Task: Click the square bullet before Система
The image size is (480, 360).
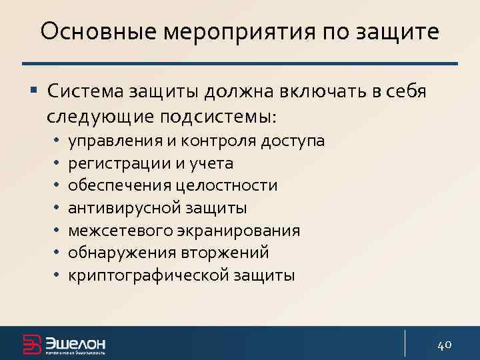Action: pos(34,90)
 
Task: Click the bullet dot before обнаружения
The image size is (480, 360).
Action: pos(58,253)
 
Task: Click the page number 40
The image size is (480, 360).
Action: pos(445,344)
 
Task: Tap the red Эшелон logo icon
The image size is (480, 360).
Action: pos(32,343)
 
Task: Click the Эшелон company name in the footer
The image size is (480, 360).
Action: pos(75,343)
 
